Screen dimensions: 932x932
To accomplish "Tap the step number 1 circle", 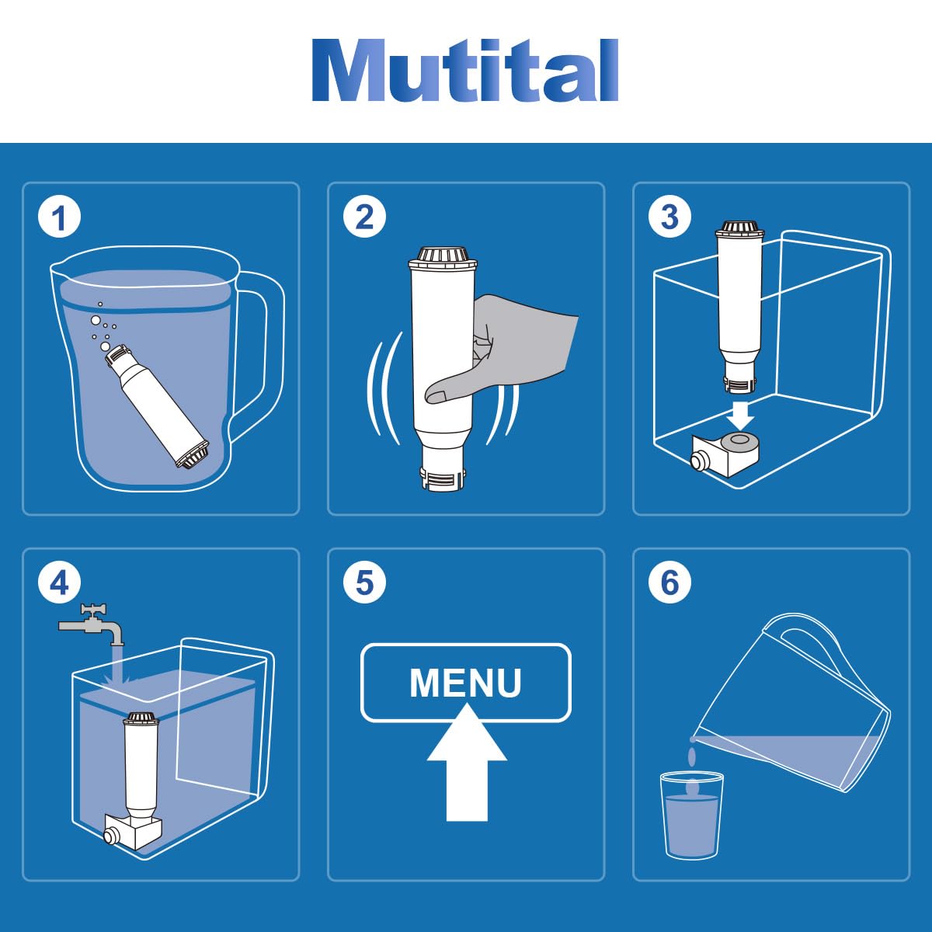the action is point(60,217).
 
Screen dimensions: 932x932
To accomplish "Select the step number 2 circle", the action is point(365,217).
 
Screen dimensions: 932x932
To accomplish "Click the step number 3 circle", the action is point(669,217).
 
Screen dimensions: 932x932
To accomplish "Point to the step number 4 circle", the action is point(60,583).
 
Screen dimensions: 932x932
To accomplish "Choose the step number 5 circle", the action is point(365,583).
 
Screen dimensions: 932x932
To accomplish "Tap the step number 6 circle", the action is point(669,583).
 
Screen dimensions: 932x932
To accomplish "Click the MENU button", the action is point(466,683).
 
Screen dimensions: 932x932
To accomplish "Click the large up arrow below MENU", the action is point(467,763).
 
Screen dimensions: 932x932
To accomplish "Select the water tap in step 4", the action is point(92,624).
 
